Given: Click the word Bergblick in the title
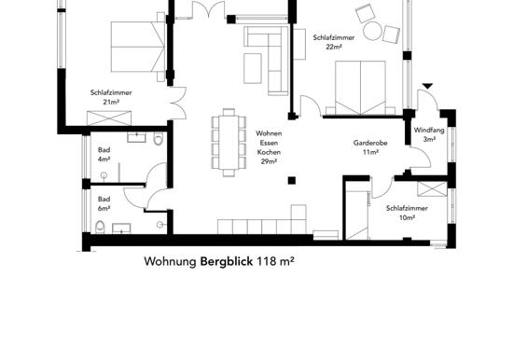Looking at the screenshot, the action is tap(227, 261).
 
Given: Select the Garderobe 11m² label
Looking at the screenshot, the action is tap(370, 147).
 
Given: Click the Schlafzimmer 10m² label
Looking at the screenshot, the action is tap(407, 213).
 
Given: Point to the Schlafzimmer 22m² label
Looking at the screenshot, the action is tap(334, 42).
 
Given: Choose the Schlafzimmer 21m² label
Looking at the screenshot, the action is tap(111, 97).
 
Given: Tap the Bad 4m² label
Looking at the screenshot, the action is tap(104, 155).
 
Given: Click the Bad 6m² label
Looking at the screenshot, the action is tap(104, 203).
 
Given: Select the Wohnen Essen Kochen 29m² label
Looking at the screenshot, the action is tap(269, 147).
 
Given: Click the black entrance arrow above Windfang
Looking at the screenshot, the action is tap(427, 86).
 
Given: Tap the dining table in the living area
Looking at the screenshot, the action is tap(229, 143).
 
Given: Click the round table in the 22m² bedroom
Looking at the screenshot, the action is tap(373, 31).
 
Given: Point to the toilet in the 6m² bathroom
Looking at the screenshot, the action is tap(100, 228).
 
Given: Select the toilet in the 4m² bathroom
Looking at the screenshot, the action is tap(158, 138).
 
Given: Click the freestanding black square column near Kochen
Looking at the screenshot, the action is tap(292, 180).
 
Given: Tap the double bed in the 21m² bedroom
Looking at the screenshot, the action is tap(138, 47).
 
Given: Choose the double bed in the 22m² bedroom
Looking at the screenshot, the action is tap(361, 88).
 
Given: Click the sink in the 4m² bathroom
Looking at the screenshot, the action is tap(136, 137).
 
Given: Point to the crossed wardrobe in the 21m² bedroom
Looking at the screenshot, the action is tap(109, 118).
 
